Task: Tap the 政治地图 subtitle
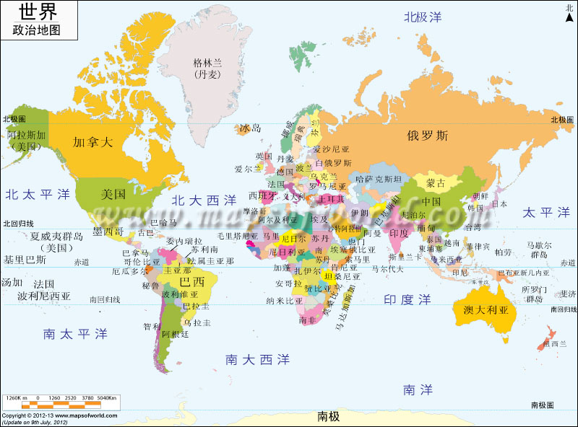click(x=36, y=30)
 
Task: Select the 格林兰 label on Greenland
click(x=208, y=63)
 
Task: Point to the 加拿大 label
click(x=93, y=142)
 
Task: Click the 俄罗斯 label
click(x=427, y=135)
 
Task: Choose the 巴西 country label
click(x=191, y=281)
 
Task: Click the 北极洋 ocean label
click(x=423, y=17)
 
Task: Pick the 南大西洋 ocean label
click(x=257, y=358)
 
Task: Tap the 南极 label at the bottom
click(x=328, y=416)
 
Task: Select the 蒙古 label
click(x=436, y=182)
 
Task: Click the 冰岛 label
click(x=249, y=128)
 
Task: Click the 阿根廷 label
click(x=176, y=334)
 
